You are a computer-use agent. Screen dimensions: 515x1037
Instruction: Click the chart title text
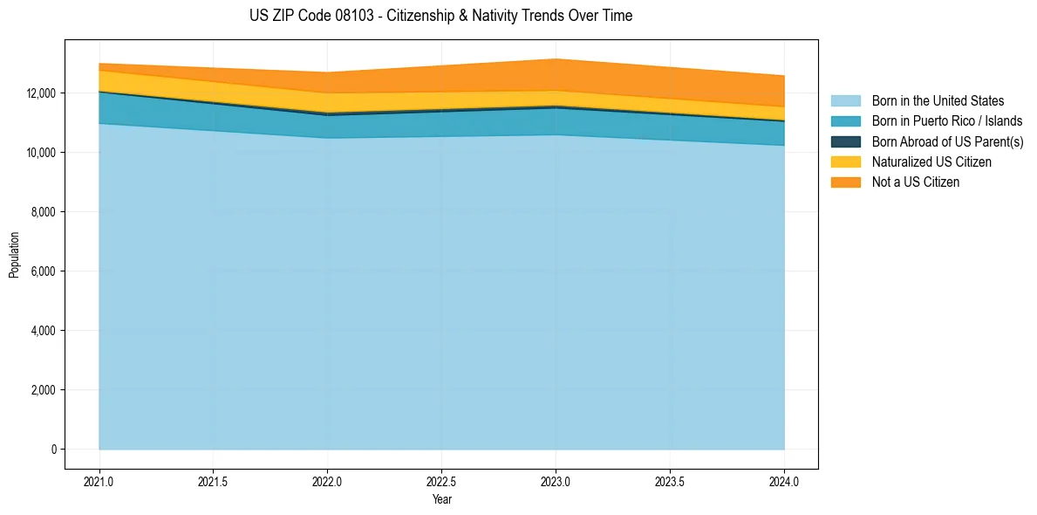tap(440, 16)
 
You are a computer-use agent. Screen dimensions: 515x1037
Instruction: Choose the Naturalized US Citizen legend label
tap(931, 162)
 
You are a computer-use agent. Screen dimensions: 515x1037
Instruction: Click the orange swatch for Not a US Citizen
tap(845, 182)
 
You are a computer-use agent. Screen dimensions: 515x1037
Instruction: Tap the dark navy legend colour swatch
tap(845, 141)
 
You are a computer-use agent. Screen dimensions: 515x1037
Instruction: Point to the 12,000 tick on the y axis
tap(41, 93)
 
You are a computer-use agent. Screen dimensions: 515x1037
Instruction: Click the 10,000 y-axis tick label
tap(41, 153)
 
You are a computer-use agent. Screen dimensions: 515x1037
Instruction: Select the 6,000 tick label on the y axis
tap(44, 271)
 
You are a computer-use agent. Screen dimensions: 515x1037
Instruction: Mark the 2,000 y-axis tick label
tap(44, 390)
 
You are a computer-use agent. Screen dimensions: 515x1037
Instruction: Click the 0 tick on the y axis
tap(53, 450)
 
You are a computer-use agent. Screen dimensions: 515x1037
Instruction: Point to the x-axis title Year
tap(441, 499)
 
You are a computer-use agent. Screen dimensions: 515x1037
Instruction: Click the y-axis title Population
tap(14, 255)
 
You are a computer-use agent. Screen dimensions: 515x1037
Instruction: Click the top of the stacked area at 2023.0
tap(556, 59)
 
